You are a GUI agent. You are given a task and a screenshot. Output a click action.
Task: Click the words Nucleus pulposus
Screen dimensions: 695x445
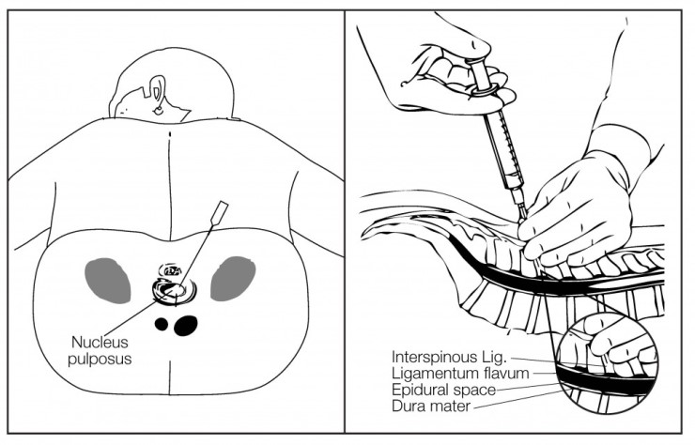click(100, 350)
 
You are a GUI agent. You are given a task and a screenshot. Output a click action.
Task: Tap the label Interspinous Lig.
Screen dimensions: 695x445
click(449, 357)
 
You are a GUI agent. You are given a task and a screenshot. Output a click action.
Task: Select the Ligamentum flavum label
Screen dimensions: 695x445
click(460, 374)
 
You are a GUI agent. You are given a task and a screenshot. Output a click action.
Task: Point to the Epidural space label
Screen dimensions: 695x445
click(443, 390)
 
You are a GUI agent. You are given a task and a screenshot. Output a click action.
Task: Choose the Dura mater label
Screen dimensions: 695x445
click(431, 406)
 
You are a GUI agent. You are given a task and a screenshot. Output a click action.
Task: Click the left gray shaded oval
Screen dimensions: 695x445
click(108, 281)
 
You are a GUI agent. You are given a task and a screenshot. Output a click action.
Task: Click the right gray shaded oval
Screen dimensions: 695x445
click(233, 279)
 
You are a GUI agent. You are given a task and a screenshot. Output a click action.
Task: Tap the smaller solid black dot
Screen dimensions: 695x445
click(162, 325)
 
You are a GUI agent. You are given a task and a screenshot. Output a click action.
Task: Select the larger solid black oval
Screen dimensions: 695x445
click(186, 326)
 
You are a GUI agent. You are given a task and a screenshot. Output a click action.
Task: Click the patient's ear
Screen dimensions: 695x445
click(157, 94)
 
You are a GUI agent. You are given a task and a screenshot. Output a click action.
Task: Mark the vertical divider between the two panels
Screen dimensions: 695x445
click(345, 222)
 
